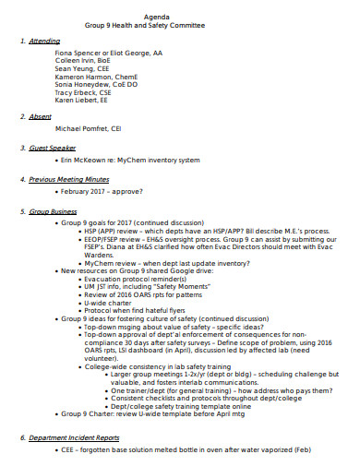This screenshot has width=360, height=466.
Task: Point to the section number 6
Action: [22, 436]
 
